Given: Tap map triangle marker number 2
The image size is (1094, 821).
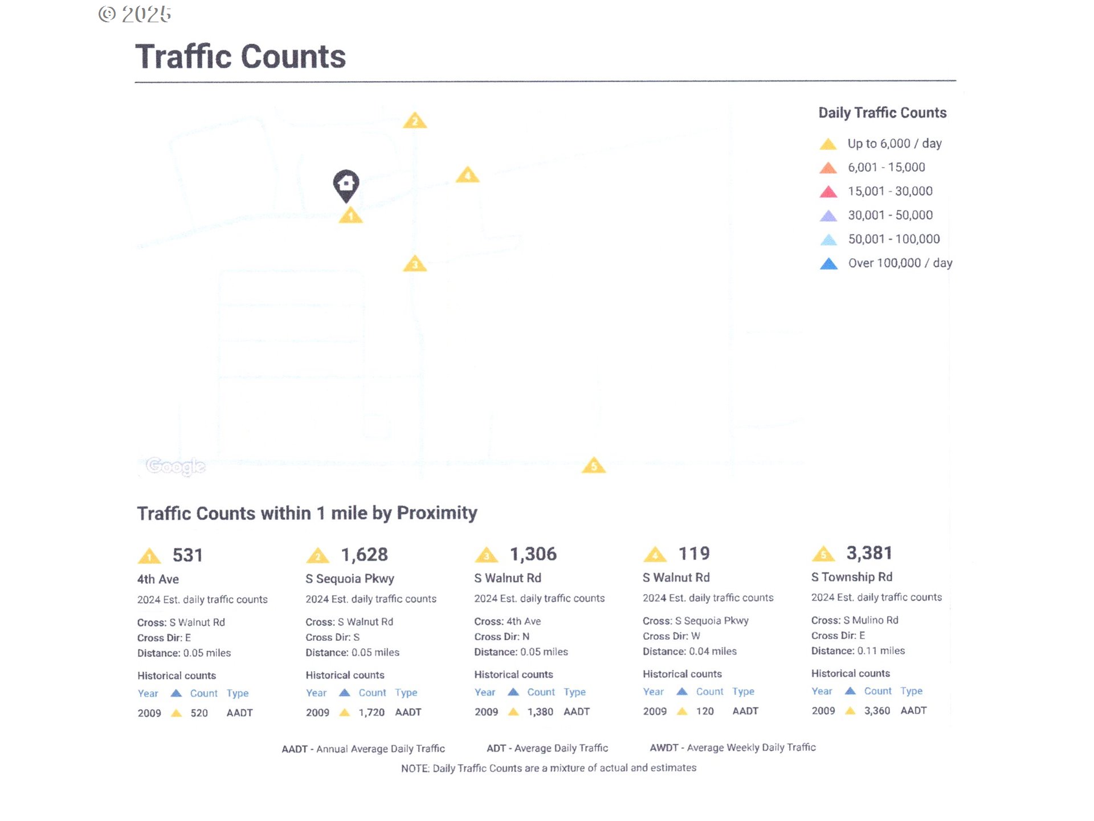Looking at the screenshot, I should (415, 121).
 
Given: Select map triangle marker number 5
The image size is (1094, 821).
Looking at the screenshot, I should (594, 465).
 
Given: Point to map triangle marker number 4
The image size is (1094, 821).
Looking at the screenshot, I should (467, 175).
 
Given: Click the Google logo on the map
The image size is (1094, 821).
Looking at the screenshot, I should (175, 466).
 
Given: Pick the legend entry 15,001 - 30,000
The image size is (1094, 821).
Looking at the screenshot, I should (889, 192).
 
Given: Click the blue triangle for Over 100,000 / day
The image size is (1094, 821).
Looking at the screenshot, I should (828, 264).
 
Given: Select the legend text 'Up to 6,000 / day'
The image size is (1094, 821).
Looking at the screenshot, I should (894, 144).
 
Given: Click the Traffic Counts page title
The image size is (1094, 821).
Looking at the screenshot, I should (240, 56).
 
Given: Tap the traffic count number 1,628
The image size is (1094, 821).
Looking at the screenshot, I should (364, 554).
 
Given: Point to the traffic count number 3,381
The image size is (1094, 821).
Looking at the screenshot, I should (869, 552).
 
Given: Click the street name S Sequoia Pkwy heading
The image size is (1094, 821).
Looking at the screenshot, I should (350, 579).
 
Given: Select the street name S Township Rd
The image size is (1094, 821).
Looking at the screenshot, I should (852, 577).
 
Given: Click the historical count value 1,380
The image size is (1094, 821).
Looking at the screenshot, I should (540, 712).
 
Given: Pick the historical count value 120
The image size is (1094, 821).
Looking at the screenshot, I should (705, 711).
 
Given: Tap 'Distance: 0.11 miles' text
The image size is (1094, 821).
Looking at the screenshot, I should (858, 651).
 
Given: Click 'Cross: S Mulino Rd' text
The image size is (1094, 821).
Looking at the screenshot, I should (855, 620).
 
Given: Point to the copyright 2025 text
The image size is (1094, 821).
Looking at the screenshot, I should (135, 14).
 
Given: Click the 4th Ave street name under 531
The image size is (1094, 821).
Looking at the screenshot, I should (158, 579).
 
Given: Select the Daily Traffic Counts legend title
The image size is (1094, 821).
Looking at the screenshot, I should (882, 113).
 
